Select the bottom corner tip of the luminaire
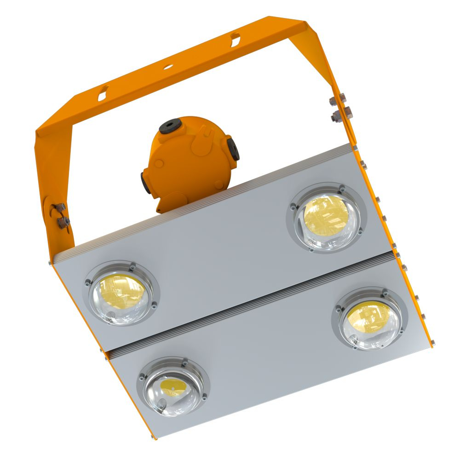tap(154, 437)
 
